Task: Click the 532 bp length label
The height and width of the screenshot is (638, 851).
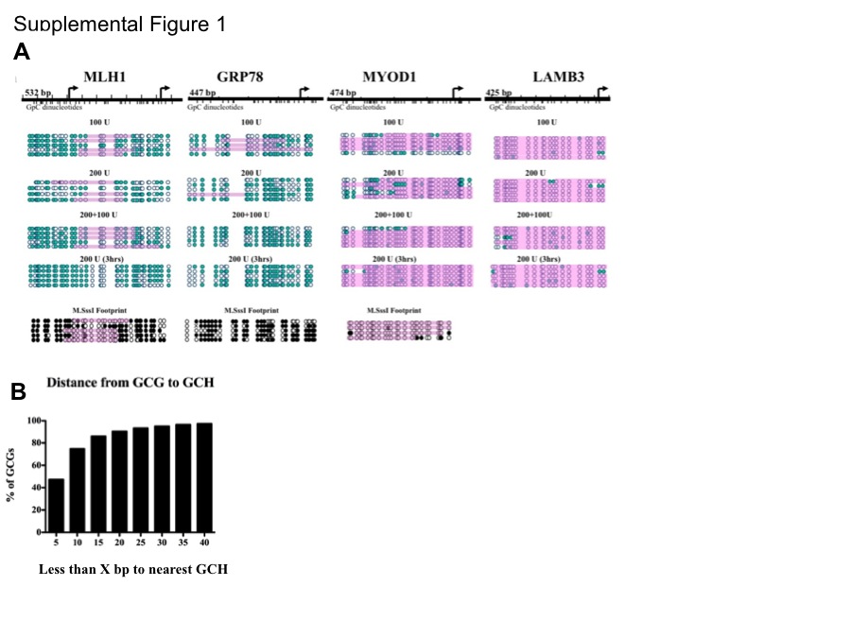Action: [x=39, y=93]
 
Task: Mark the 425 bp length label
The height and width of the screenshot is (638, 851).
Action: [x=498, y=93]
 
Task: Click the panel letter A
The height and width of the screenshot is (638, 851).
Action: [x=22, y=53]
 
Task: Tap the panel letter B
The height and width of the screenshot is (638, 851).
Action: [x=18, y=391]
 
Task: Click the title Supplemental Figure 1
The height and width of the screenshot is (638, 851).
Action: [x=120, y=24]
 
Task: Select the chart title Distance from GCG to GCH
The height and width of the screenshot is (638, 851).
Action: [x=122, y=382]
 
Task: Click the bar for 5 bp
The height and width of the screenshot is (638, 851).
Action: [x=56, y=505]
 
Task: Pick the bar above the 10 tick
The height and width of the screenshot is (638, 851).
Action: [x=77, y=490]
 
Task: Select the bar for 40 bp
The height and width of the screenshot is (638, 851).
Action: [x=204, y=477]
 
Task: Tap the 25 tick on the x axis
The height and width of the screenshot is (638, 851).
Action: [x=140, y=542]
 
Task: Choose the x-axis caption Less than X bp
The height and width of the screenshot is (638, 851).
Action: [x=132, y=569]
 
